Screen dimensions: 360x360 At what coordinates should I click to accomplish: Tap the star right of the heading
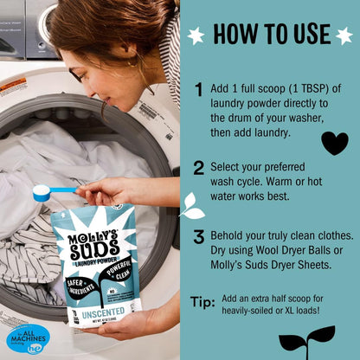point(344,35)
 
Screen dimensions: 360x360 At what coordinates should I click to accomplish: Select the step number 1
point(198,89)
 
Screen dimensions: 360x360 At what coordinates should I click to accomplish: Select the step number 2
point(198,168)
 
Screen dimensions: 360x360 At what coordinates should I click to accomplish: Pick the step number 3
point(198,236)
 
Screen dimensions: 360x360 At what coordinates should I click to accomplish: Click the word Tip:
point(202,302)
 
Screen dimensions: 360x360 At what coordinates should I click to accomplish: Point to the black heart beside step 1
point(334,142)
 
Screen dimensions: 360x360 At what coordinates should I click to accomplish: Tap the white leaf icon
point(191,206)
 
